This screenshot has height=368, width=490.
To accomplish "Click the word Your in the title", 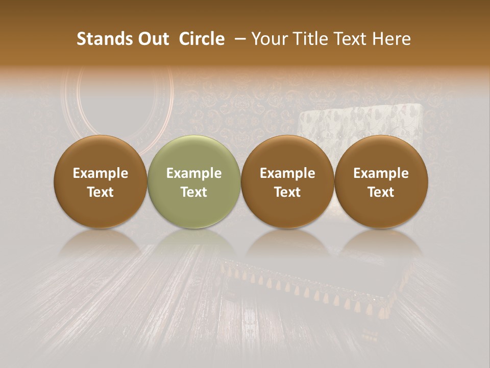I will click(x=268, y=39).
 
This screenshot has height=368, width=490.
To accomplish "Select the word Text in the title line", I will click(x=348, y=39).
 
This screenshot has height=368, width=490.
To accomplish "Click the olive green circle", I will click(x=194, y=181).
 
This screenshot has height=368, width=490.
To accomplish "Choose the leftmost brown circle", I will click(x=101, y=181).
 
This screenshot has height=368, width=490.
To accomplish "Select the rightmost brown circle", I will click(x=381, y=181).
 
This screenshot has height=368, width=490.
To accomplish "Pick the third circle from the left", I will click(x=287, y=181).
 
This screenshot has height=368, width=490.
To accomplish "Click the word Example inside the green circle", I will click(x=194, y=173).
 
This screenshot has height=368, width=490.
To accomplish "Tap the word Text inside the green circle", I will click(x=194, y=192).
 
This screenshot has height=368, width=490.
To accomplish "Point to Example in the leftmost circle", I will click(x=101, y=173).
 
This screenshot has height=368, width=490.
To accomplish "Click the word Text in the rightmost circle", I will click(x=381, y=192).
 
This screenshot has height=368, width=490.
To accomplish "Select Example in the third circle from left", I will click(x=287, y=173).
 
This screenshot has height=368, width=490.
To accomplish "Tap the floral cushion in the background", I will click(x=360, y=123).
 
